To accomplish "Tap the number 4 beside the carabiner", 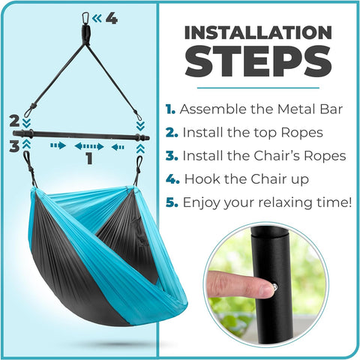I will click(x=111, y=18).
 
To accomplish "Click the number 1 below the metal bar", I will click(x=90, y=158).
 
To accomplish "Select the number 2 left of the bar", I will click(x=13, y=119).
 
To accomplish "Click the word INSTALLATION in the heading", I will click(x=258, y=33).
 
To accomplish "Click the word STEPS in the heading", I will click(x=258, y=63).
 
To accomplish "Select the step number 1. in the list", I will click(x=172, y=109).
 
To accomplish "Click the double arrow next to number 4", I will click(x=97, y=18).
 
